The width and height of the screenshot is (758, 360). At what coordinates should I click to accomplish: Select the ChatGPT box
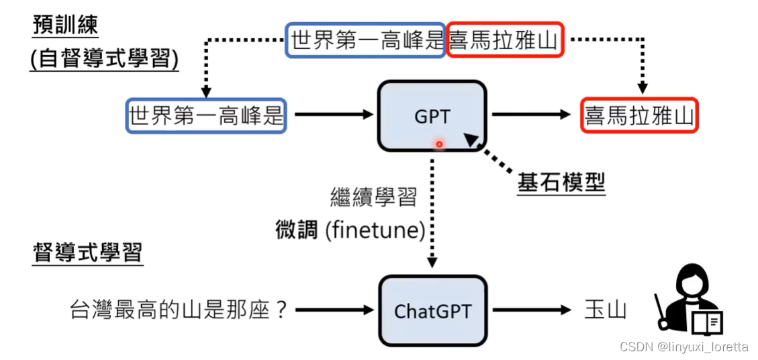432,311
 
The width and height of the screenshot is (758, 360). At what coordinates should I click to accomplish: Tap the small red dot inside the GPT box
439,144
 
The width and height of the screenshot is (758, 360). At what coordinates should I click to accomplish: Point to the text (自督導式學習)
104,59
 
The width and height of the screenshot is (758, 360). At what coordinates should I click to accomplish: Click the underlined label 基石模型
561,183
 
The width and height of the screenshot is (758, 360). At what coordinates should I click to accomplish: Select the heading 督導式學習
87,253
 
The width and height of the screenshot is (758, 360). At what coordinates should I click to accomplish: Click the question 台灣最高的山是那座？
179,310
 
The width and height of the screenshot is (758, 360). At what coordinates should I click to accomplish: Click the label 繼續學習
373,197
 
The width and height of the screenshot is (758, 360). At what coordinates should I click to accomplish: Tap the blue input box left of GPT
206,115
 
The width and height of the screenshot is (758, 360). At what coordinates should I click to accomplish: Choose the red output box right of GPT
639,115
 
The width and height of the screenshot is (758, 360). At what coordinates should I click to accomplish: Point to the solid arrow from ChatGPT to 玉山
530,310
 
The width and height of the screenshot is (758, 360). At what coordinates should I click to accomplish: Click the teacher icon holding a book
688,299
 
